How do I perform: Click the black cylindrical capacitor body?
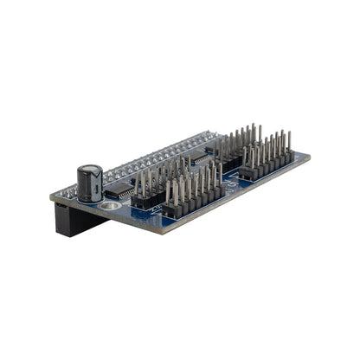89,187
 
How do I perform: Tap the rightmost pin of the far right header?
289,143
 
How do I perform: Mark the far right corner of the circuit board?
310,157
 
